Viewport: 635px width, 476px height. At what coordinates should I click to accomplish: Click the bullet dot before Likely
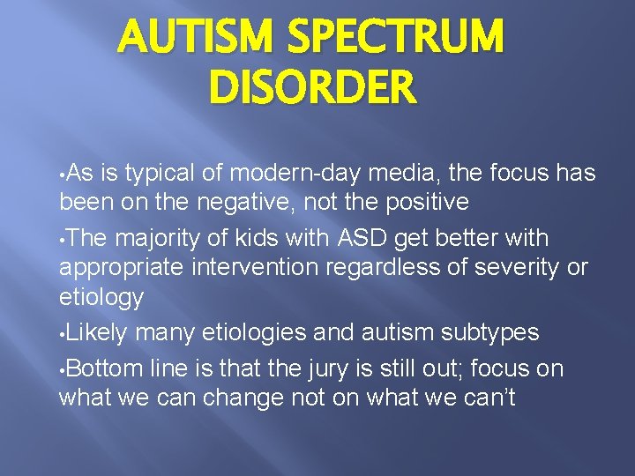[63, 334]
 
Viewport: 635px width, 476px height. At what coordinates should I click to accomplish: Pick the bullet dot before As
[63, 173]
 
